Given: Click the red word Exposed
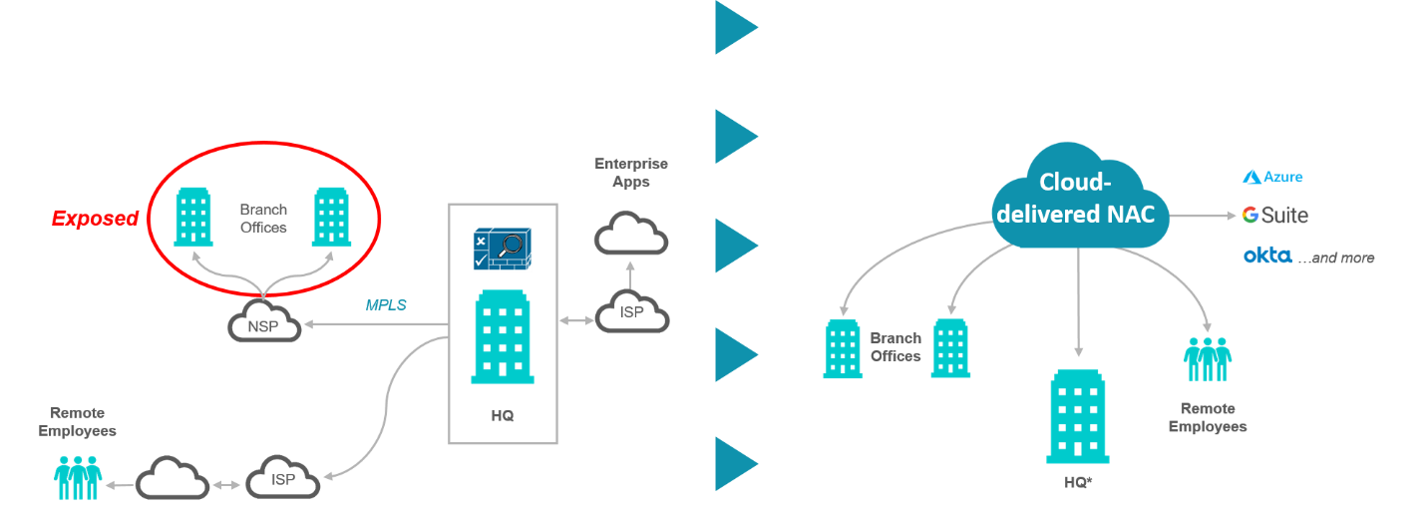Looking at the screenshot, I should [x=96, y=219].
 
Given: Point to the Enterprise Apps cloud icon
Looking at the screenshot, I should [x=631, y=233].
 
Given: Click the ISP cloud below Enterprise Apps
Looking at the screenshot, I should [x=632, y=312].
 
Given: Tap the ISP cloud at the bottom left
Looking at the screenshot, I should [x=283, y=478].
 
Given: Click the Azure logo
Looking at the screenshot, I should [x=1272, y=177].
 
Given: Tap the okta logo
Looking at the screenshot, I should [x=1266, y=257].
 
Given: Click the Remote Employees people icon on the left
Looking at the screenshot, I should [x=78, y=477].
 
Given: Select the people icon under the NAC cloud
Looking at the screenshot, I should [x=1208, y=360].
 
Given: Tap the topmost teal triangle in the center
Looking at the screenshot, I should [x=734, y=27].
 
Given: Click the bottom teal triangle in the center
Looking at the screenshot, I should [x=734, y=463].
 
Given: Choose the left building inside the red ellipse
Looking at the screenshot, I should [x=193, y=217].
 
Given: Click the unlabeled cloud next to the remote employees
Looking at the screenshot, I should [x=172, y=478].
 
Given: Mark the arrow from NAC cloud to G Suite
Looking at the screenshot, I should [x=1203, y=215].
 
